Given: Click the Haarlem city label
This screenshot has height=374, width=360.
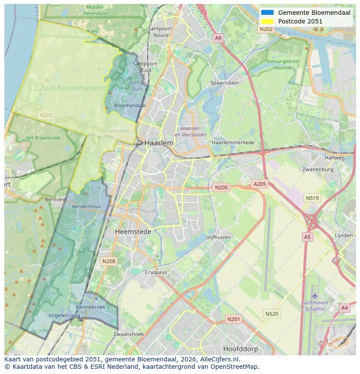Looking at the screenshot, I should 159,143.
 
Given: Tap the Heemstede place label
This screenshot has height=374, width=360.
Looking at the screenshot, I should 133,232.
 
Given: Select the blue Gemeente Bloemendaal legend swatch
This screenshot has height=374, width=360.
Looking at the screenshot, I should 267,13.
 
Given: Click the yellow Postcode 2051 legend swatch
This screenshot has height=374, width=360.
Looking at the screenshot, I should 267,21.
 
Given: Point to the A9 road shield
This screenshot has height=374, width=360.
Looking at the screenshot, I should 218,39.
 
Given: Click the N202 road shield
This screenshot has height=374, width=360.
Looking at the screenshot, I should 266,29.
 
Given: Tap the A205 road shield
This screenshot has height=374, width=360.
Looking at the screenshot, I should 260,184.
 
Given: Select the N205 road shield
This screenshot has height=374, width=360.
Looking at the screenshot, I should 221,188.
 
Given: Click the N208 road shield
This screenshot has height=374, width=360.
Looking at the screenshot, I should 108,261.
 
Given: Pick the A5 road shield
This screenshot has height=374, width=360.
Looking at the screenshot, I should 307,237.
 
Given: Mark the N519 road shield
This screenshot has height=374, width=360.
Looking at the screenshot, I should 312,198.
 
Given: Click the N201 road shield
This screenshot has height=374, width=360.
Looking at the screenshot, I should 233,319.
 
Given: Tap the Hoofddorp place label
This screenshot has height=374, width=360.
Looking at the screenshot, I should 240,349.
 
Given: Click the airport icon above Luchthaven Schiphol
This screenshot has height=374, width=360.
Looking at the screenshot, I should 315,296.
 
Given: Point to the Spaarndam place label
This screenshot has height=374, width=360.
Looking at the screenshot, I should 224,83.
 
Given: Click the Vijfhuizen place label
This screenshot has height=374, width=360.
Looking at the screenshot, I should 218,237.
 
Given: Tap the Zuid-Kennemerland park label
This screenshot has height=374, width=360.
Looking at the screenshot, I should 73,88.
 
